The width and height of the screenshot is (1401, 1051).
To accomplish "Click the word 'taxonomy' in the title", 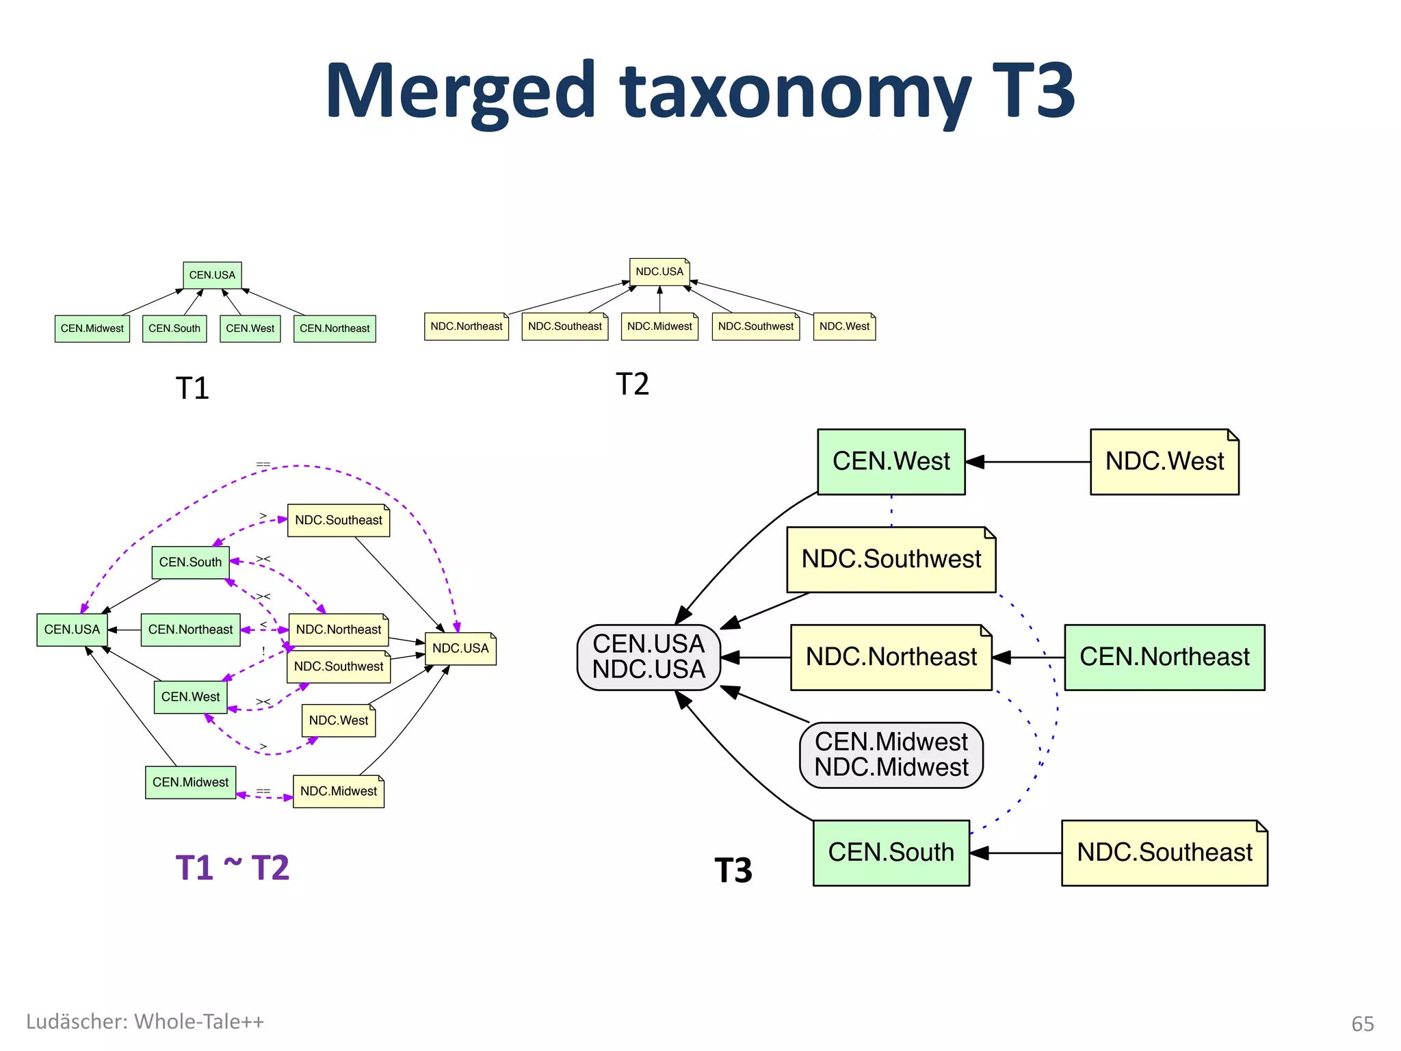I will [x=794, y=92].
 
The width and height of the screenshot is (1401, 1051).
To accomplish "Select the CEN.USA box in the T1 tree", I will [x=212, y=275].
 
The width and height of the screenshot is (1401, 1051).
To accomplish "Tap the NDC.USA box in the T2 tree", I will [x=659, y=272].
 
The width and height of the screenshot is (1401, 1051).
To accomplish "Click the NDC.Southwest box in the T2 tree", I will [x=755, y=326].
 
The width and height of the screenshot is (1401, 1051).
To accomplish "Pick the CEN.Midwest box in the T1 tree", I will [x=92, y=328].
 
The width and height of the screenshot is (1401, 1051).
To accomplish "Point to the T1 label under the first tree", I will [x=192, y=388].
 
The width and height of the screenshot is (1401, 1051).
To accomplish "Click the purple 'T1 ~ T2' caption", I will [x=233, y=868].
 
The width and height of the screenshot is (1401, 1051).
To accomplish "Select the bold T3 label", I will [x=733, y=870].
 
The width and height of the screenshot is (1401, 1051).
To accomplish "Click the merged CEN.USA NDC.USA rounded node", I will [x=649, y=657].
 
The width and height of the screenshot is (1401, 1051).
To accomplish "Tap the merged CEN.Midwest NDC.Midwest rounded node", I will [x=891, y=755].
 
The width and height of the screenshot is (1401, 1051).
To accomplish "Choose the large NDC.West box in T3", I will [x=1164, y=462].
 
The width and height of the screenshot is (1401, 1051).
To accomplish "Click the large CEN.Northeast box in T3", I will [x=1164, y=657].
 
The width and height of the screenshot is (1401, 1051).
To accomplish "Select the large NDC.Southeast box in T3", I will [x=1164, y=853].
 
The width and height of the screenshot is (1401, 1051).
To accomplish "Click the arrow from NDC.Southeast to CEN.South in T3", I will [x=1016, y=853].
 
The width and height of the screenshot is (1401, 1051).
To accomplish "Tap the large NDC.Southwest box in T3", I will [x=891, y=559].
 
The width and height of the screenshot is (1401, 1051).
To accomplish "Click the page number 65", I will [x=1362, y=1024].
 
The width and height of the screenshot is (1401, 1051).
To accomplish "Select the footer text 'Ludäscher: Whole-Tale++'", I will [x=145, y=1022].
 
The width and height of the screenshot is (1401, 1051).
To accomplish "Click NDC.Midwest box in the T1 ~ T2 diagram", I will [x=339, y=792].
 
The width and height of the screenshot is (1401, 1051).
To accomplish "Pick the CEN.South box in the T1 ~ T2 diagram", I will [x=190, y=562].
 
